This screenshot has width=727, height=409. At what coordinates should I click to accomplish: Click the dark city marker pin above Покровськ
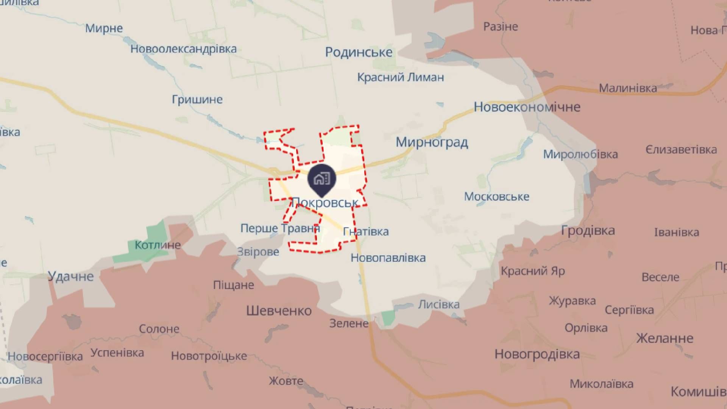[321, 179]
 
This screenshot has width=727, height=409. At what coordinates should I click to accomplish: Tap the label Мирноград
[432, 142]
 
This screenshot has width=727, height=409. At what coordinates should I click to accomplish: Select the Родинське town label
[359, 52]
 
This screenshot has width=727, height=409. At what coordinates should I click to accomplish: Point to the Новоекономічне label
[527, 107]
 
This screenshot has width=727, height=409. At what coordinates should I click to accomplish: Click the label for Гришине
[197, 100]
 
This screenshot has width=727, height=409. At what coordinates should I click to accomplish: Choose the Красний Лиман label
[401, 77]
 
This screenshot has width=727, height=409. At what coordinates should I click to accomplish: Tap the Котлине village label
[158, 245]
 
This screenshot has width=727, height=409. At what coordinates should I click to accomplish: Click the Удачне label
[71, 276]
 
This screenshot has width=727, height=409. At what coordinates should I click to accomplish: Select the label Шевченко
[279, 311]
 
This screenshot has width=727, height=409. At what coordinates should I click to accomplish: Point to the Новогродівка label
[537, 354]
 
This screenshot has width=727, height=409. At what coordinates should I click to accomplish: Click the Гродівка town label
[588, 230]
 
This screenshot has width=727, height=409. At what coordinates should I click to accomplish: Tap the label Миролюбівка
[580, 154]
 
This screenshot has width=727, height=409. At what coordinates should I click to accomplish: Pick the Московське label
[496, 197]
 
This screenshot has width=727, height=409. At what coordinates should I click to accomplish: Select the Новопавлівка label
[388, 258]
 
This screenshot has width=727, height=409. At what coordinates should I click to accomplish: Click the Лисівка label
[439, 304]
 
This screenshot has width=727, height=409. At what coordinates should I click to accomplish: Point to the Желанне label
[665, 338]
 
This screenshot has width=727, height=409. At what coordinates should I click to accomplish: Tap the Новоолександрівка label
[184, 49]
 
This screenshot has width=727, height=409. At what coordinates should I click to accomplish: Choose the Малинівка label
[628, 88]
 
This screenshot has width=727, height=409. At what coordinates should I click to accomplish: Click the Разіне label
[501, 27]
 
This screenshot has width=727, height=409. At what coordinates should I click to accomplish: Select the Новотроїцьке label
[209, 356]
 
